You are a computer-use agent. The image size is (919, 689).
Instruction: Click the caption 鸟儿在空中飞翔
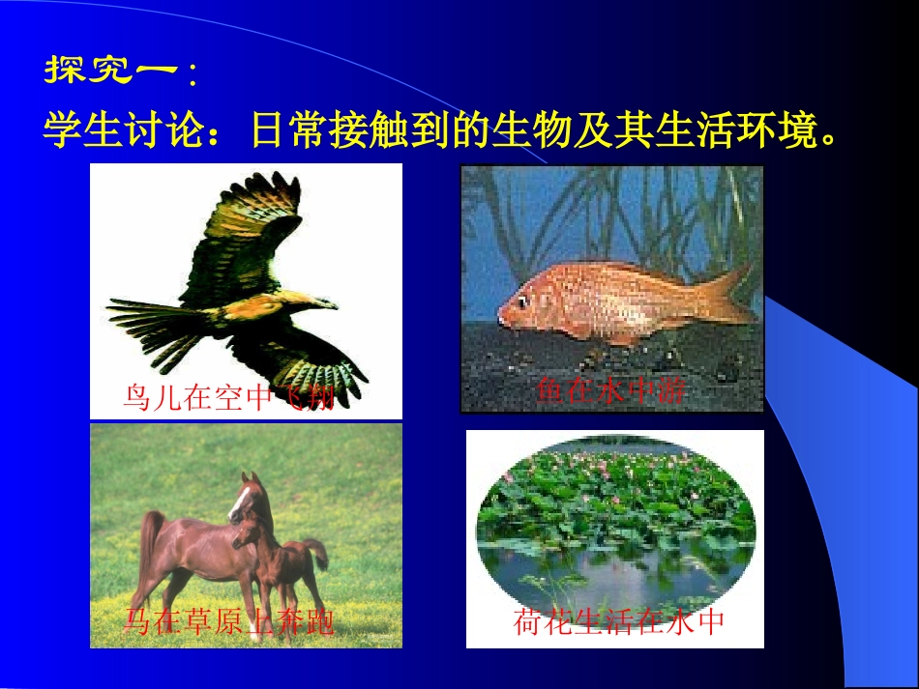click(229, 397)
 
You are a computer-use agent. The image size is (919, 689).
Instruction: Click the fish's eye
click(523, 301)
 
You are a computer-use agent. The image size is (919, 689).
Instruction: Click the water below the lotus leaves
click(619, 570)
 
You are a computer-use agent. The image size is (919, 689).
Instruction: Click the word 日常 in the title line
click(283, 129)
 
